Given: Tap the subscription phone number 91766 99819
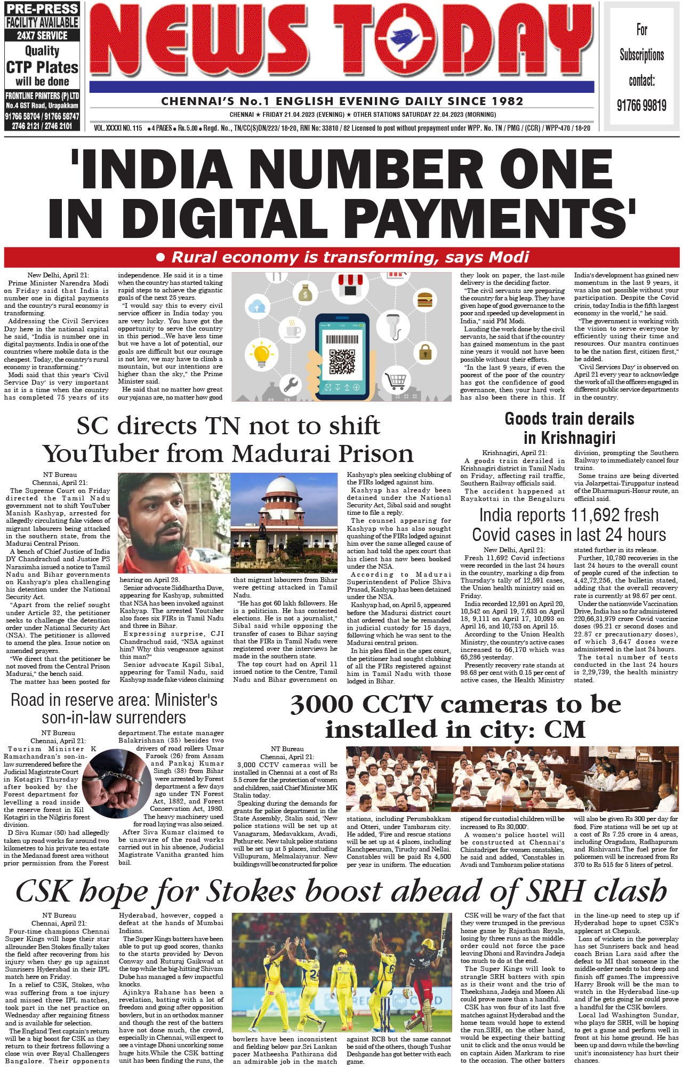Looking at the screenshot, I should pos(641,105).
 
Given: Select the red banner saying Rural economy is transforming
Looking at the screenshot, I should pos(342,257).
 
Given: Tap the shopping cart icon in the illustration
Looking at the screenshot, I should pos(396,381).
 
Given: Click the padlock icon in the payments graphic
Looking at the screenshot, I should pos(425,352).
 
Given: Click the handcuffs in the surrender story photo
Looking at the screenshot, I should pos(113,781).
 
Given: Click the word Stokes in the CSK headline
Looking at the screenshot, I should pos(250,891).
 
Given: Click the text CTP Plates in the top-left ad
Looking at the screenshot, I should pos(42,67).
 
